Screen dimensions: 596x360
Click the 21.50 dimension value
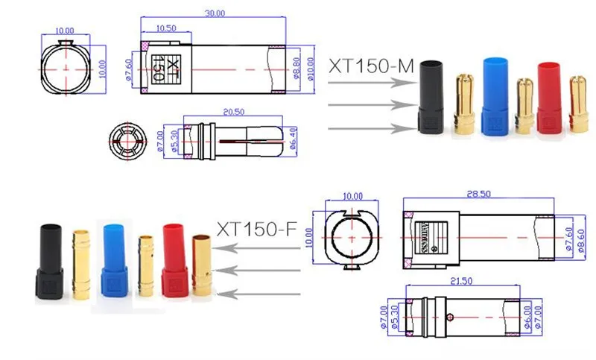point(463,281)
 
